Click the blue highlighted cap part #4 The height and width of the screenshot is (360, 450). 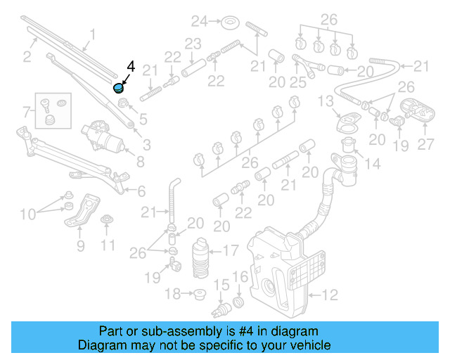[119, 89]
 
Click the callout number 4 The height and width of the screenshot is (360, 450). [130, 67]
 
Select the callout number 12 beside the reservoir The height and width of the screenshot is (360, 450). [329, 294]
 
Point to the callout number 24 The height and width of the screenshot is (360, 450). [199, 20]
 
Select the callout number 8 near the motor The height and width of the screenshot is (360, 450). [140, 162]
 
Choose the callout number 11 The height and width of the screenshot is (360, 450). [107, 245]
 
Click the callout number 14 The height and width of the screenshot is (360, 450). [372, 165]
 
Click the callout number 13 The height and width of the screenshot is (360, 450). [325, 103]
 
